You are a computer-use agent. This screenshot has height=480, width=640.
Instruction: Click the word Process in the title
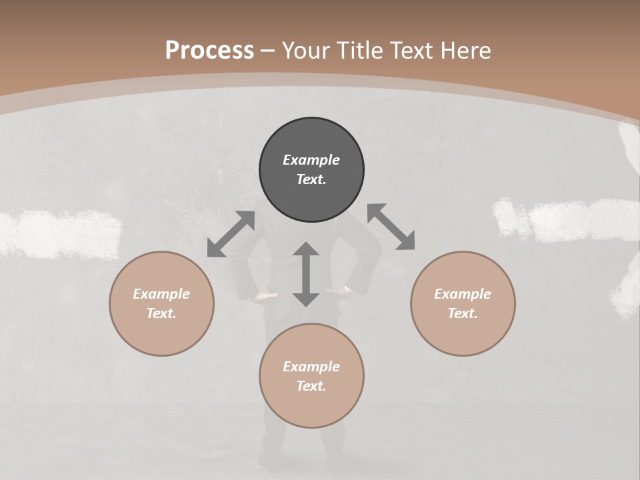(x=209, y=51)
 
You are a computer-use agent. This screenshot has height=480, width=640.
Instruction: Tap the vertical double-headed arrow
(x=306, y=274)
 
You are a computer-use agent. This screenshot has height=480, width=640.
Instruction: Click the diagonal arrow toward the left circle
(x=231, y=234)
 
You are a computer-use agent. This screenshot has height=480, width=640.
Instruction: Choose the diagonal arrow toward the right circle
(x=391, y=227)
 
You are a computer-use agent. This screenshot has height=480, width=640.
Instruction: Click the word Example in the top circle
(x=311, y=160)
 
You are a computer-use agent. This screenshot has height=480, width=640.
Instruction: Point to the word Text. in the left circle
(x=161, y=313)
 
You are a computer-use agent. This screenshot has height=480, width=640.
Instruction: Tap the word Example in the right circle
(x=463, y=294)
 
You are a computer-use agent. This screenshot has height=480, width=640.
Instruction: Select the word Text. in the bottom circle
(x=311, y=386)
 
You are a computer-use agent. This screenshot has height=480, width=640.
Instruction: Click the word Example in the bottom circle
(x=311, y=367)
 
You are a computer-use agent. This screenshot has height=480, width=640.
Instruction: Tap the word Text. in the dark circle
(x=311, y=179)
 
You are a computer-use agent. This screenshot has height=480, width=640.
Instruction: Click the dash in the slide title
(x=268, y=51)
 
